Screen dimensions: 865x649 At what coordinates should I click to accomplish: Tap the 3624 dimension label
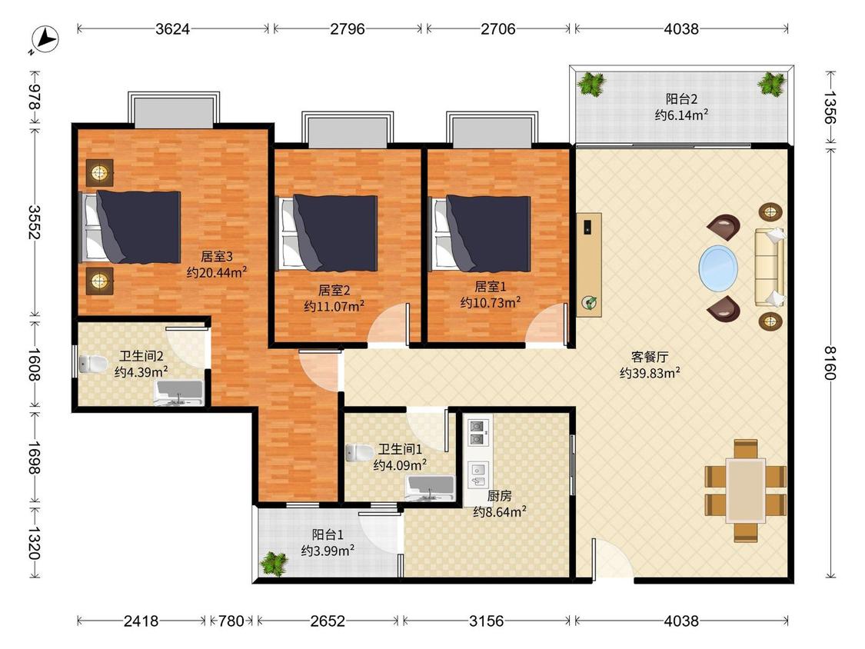[173, 28]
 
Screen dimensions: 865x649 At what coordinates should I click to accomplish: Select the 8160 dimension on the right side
[830, 363]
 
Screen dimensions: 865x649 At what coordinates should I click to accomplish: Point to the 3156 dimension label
[486, 621]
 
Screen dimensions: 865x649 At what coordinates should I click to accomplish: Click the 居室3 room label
[216, 256]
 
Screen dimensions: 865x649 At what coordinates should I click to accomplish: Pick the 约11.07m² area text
[334, 306]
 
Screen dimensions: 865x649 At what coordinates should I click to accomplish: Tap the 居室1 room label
[491, 286]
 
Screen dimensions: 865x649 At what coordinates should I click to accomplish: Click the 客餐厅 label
[649, 357]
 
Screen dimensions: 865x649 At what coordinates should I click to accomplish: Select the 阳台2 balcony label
[681, 99]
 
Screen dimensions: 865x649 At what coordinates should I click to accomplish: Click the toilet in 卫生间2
[93, 364]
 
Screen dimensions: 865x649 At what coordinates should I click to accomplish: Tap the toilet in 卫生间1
[359, 453]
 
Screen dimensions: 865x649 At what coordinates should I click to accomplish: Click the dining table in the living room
[745, 490]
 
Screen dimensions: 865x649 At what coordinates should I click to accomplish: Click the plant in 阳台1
[274, 564]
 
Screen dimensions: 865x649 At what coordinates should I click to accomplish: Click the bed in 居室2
[329, 232]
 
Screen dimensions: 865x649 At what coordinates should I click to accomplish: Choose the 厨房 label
[500, 496]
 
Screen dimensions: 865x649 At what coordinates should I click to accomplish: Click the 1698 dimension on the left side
[34, 458]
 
